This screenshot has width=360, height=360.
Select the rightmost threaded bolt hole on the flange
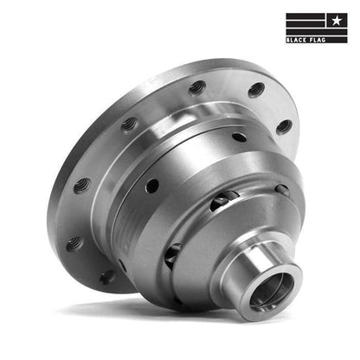[x=284, y=126]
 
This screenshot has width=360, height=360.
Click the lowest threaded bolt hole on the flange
[x=106, y=277]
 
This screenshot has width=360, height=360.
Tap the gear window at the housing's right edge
[x=282, y=190]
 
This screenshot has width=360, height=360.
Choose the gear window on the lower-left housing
[x=172, y=254]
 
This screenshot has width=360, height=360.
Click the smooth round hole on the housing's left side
[x=151, y=185]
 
